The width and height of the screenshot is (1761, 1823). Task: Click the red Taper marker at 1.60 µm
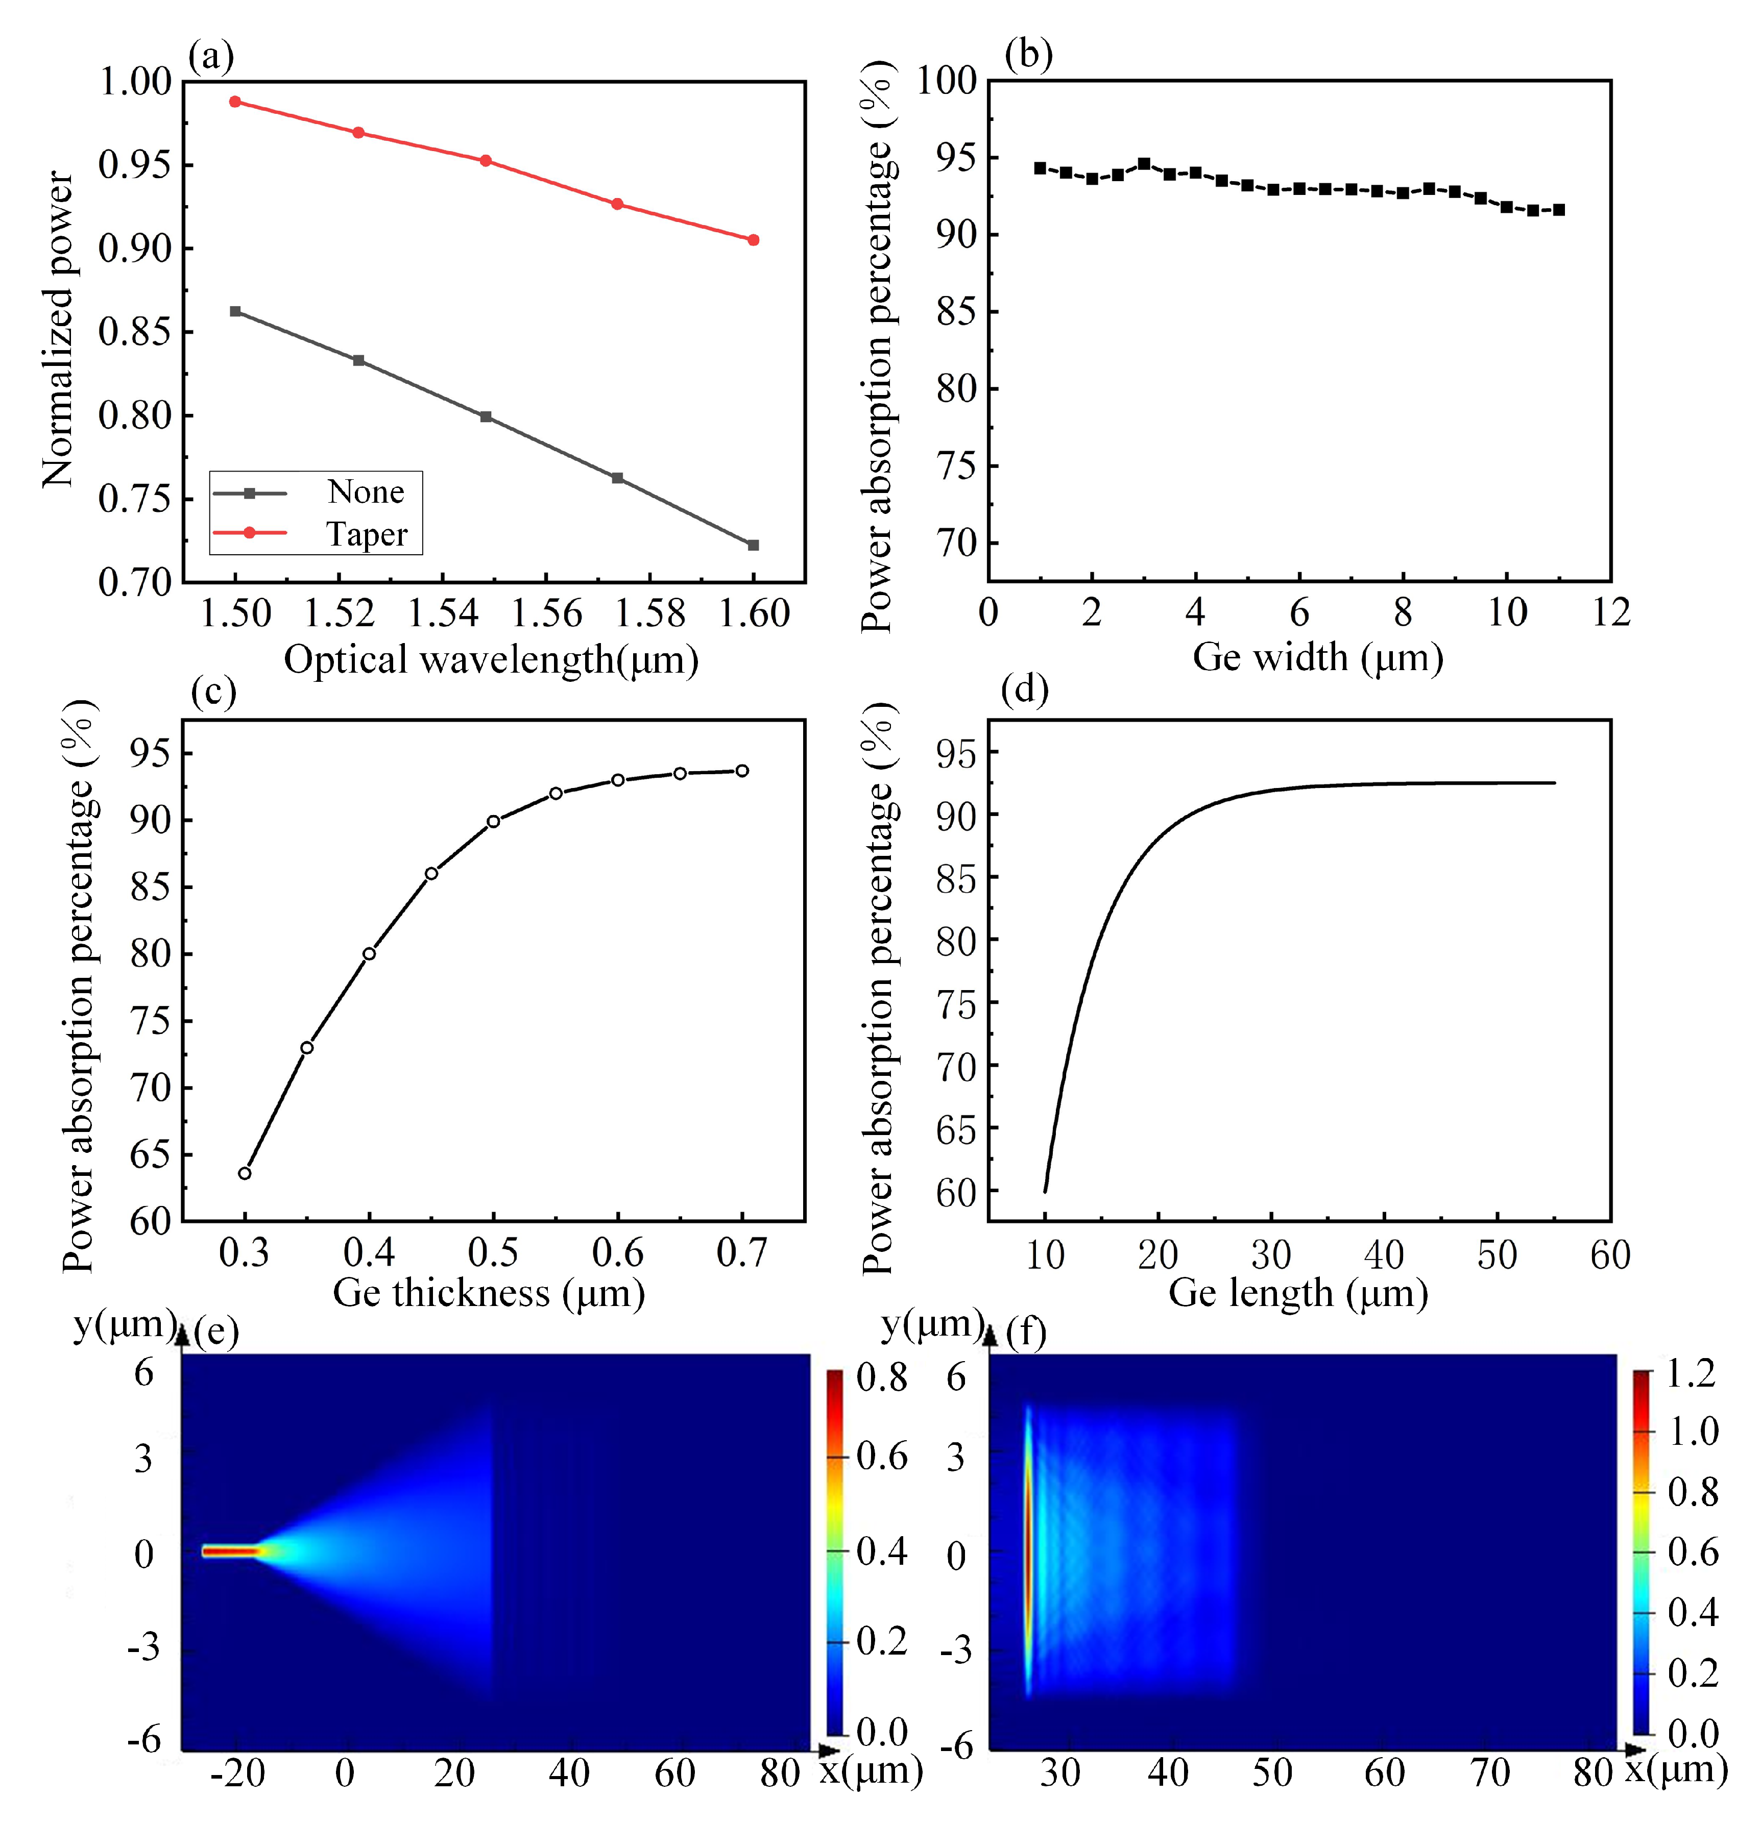click(754, 240)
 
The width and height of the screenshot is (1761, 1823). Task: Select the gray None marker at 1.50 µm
click(235, 312)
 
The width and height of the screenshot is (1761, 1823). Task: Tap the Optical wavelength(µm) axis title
click(491, 659)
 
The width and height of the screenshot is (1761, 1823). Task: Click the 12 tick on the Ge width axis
click(1610, 612)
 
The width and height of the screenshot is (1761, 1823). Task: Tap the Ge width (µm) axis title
click(1317, 657)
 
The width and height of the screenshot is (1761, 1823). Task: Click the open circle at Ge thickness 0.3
click(245, 1173)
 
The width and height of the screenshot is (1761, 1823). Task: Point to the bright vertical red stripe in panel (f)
click(1028, 1550)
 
